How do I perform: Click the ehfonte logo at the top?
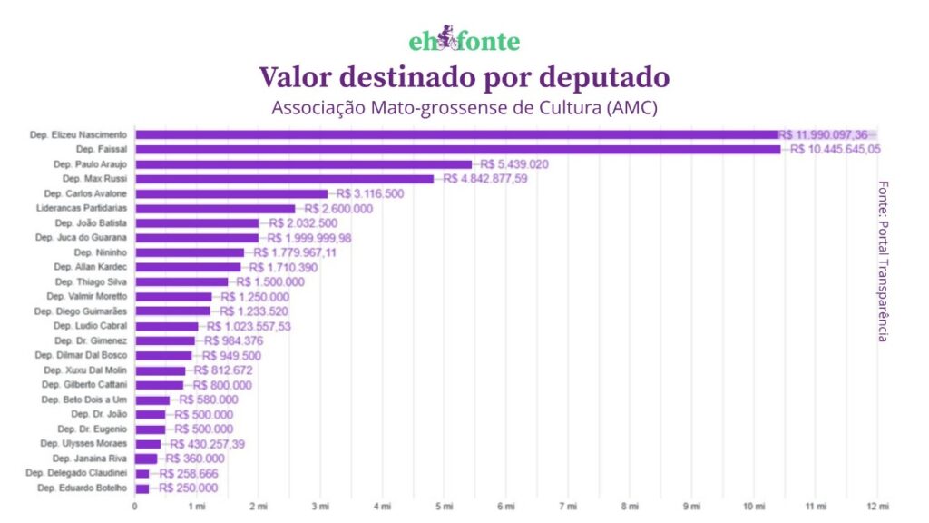464,41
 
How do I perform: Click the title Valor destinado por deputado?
464,76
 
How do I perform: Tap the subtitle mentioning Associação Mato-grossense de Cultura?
464,107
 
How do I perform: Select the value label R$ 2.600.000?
338,208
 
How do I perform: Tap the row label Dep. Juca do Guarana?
81,238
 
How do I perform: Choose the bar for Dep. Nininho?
190,252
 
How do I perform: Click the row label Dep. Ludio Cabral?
90,326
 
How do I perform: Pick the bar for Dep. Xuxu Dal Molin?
160,370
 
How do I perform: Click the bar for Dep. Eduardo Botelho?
142,488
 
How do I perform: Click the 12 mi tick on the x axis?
877,506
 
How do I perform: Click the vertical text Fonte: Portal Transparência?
883,261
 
